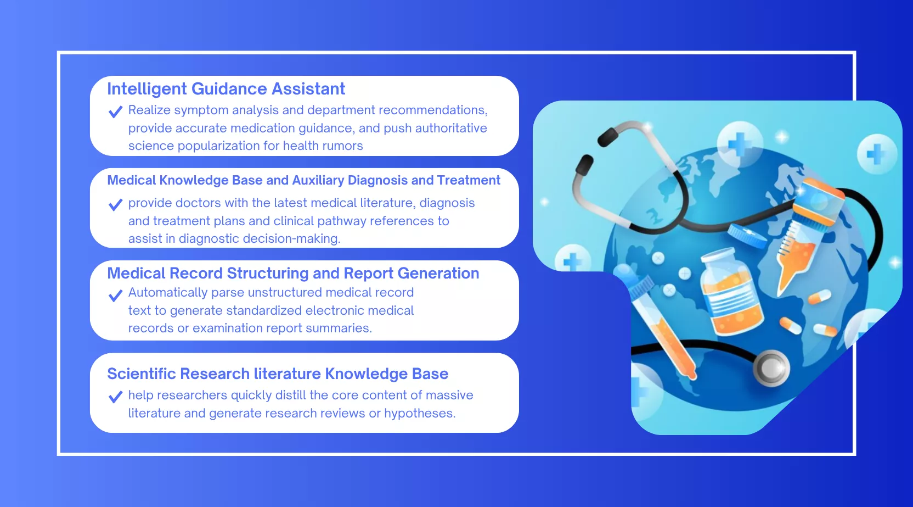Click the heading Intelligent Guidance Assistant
226,89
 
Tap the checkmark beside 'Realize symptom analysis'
115,112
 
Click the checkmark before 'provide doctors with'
115,204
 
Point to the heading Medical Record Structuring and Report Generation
293,273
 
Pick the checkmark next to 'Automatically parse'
115,295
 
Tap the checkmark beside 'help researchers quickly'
115,397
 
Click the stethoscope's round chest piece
771,368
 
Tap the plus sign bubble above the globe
740,143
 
